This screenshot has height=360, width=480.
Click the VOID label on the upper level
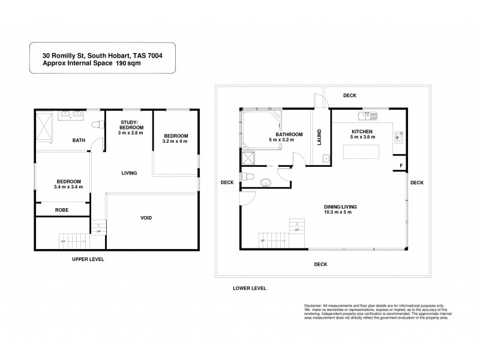[x=146, y=218]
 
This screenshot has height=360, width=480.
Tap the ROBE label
[x=61, y=210]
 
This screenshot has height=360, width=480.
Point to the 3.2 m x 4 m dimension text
[x=176, y=142]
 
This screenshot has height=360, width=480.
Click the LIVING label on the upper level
[x=129, y=173]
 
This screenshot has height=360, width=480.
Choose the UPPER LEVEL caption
[x=88, y=259]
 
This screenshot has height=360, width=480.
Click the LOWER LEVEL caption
[x=249, y=288]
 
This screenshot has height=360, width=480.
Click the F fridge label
[x=400, y=165]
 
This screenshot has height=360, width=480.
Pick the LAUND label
[x=319, y=137]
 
